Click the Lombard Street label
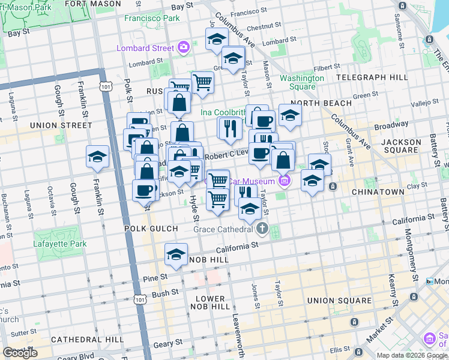pyautogui.click(x=146, y=47)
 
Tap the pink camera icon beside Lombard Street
pyautogui.click(x=183, y=47)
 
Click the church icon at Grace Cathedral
pyautogui.click(x=262, y=229)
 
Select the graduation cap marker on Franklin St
pyautogui.click(x=98, y=157)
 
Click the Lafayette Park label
pyautogui.click(x=59, y=244)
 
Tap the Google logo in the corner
pyautogui.click(x=20, y=353)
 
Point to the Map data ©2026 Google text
pyautogui.click(x=412, y=355)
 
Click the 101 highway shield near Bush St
pyautogui.click(x=140, y=298)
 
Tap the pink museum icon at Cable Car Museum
pyautogui.click(x=285, y=181)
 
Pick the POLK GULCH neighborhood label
pyautogui.click(x=151, y=229)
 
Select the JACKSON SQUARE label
pyautogui.click(x=404, y=147)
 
